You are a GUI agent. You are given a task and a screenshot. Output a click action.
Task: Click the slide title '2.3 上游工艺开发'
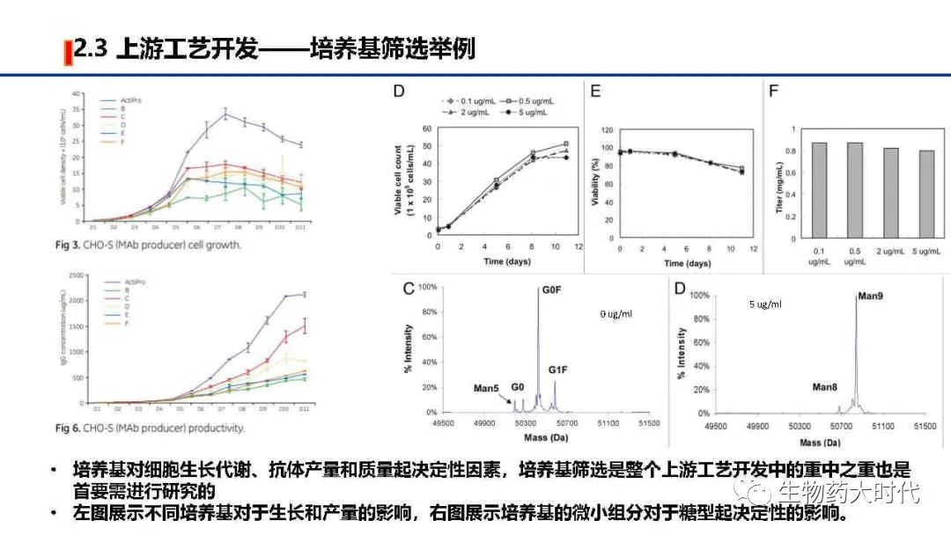(x=167, y=49)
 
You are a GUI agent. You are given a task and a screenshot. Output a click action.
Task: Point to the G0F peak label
(x=550, y=290)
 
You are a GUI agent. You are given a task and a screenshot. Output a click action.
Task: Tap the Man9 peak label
(x=869, y=297)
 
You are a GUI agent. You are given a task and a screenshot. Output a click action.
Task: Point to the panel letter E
(x=595, y=91)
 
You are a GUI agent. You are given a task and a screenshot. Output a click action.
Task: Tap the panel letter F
(x=774, y=91)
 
